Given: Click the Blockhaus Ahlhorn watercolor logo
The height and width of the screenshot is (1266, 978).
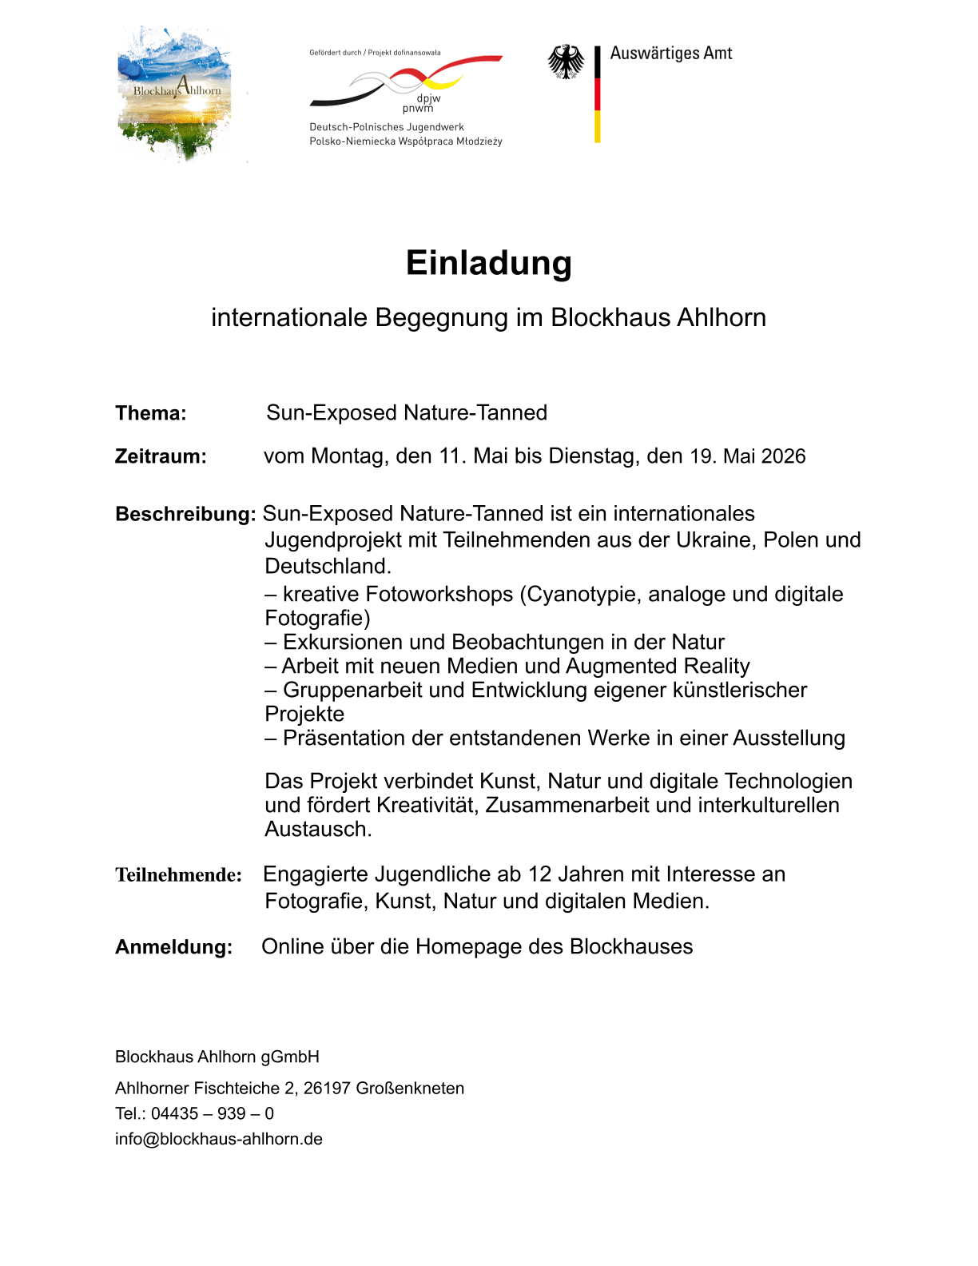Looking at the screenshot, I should tap(175, 94).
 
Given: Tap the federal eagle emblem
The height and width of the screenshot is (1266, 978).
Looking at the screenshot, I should tap(566, 62).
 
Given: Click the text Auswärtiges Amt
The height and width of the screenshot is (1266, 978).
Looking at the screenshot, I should tap(671, 54).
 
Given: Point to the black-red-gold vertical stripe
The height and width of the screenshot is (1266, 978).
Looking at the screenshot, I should tap(597, 94).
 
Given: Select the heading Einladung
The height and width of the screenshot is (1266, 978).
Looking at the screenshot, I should tap(489, 263).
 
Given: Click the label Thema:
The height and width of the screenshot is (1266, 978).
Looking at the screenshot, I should tap(151, 413).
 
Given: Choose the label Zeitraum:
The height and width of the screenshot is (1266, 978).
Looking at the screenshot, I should tap(161, 456).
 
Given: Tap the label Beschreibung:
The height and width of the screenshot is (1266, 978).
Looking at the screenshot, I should tap(185, 514).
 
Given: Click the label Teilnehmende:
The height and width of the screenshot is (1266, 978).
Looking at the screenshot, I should tap(178, 875).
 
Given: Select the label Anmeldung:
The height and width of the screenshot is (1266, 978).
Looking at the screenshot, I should tap(173, 947).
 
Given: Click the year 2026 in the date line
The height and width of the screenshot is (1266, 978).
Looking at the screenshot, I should tap(783, 456).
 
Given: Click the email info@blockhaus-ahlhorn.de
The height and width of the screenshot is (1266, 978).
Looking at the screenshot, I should tap(219, 1139).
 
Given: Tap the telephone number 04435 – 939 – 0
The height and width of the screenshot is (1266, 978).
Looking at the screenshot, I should tap(213, 1113).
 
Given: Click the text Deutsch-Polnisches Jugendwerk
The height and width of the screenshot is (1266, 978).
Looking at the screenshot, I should tap(387, 127).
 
